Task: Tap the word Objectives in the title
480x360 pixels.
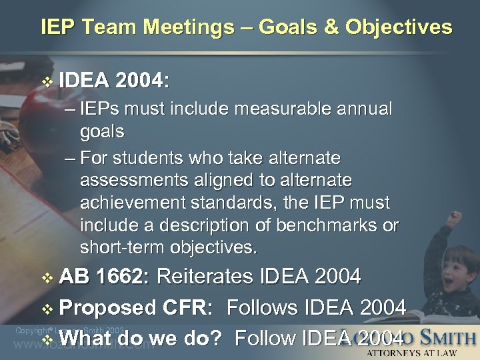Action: click(399, 27)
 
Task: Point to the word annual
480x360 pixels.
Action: click(363, 109)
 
